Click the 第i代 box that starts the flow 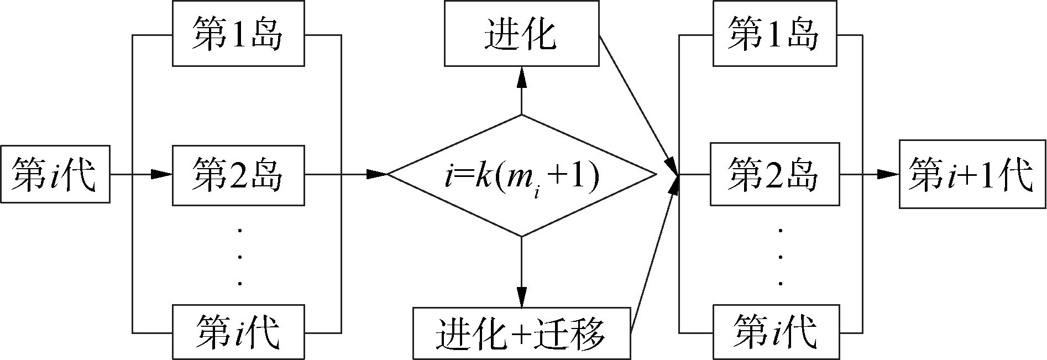point(55,174)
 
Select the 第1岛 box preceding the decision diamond point(238,34)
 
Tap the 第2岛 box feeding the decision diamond point(238,174)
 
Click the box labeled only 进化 point(521,34)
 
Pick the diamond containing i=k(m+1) point(521,175)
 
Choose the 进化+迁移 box point(521,332)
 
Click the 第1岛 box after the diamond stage point(774,34)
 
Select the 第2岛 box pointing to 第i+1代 point(774,174)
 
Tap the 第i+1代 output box point(972,174)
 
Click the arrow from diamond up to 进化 point(521,91)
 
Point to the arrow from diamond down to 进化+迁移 point(521,271)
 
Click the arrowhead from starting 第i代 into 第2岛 point(162,174)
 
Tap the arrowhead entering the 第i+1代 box point(889,174)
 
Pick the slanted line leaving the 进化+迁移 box point(652,254)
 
